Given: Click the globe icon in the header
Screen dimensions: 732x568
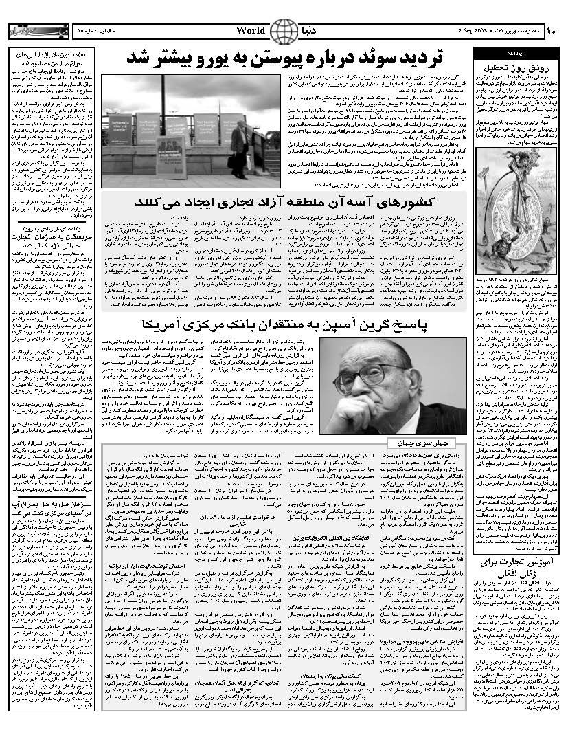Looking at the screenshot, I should (x=280, y=31).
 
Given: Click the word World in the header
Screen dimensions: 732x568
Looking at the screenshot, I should (x=251, y=31).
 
